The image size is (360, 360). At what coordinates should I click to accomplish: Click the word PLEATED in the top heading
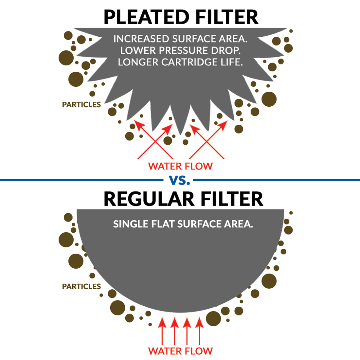point(147,17)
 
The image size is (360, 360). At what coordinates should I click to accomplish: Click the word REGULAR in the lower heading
point(149,199)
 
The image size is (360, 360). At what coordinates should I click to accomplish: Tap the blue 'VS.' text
point(180,180)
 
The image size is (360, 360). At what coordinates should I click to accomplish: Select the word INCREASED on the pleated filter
point(141,39)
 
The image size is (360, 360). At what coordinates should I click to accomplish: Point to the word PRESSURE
point(184,50)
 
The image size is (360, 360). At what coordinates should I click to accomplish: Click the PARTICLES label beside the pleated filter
point(81,105)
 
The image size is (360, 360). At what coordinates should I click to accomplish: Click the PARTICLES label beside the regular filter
point(81,286)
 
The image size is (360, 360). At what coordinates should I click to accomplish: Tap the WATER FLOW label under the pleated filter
point(180,166)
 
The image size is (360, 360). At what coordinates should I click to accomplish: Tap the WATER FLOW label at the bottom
point(180,351)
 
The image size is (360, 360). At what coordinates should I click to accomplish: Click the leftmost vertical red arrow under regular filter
point(162,331)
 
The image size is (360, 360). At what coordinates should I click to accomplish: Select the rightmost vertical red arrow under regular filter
point(199,331)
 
